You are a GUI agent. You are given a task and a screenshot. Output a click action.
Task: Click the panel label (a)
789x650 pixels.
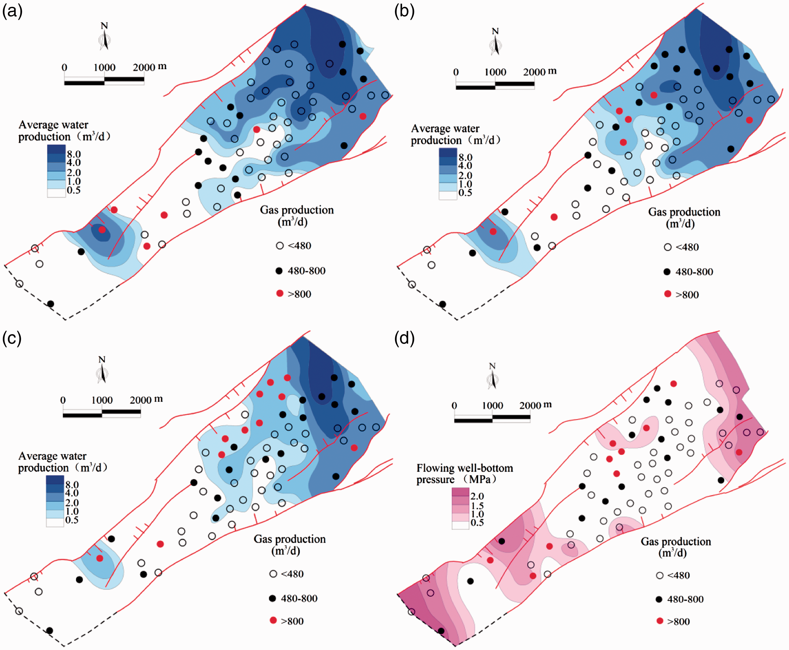[x=13, y=11]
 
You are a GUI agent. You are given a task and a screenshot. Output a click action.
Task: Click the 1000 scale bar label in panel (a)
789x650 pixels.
[x=104, y=67]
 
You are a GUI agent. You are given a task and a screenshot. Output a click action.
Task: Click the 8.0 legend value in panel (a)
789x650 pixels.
[x=74, y=154]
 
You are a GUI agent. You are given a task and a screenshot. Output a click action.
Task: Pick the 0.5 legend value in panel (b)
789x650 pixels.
[x=465, y=193]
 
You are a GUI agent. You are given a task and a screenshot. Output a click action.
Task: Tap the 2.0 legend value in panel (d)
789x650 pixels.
[x=477, y=496]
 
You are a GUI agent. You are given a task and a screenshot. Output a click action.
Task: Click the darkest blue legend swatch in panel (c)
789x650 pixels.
[x=55, y=480]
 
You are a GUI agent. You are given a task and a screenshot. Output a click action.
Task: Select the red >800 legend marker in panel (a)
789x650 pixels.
[x=280, y=293]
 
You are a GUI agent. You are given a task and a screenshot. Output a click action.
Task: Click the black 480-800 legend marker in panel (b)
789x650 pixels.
[x=667, y=272]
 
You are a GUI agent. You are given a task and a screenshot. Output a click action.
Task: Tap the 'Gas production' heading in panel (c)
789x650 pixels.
[x=290, y=539]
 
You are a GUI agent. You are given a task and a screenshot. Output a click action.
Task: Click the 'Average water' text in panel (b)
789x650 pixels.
[x=445, y=129]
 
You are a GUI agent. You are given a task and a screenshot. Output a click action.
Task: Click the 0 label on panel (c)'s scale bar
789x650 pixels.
[x=63, y=400]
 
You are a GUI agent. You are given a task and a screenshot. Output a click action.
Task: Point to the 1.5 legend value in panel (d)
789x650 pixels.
[x=477, y=505]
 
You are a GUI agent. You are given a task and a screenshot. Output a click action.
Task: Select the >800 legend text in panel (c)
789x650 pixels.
[x=292, y=621]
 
